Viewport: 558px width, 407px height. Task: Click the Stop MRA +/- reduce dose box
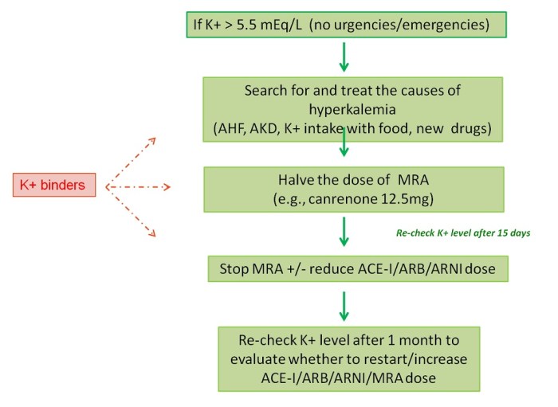(356, 269)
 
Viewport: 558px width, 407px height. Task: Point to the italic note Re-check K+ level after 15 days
(462, 234)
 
